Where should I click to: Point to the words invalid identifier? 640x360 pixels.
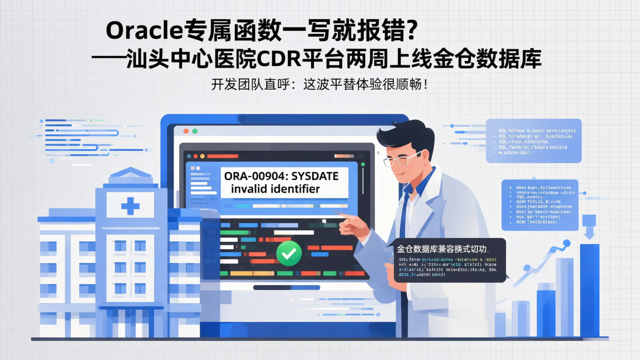point(276,189)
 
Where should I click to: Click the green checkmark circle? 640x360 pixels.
point(289,254)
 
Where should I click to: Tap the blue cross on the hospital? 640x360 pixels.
point(130,206)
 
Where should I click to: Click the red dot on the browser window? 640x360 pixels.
point(186,132)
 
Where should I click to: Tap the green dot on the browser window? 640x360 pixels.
point(195,132)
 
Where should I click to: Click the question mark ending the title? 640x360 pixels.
point(411,31)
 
